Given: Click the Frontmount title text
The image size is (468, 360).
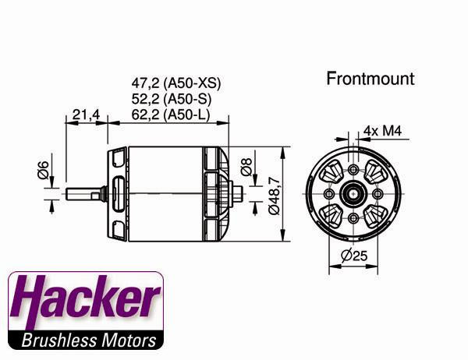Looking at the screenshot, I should pos(370,79).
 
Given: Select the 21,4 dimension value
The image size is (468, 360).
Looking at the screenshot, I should pos(86,115).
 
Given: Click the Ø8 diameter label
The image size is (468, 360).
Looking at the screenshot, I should pos(247,166).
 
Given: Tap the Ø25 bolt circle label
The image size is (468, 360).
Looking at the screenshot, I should pos(355,255).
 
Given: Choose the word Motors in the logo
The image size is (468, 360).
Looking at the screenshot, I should pos(127,341).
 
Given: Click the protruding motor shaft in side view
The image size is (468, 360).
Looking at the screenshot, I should pos(86,193).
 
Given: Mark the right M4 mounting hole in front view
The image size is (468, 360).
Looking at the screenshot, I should pos(378,193).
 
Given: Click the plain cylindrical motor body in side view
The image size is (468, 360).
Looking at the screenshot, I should pos(164,193).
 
